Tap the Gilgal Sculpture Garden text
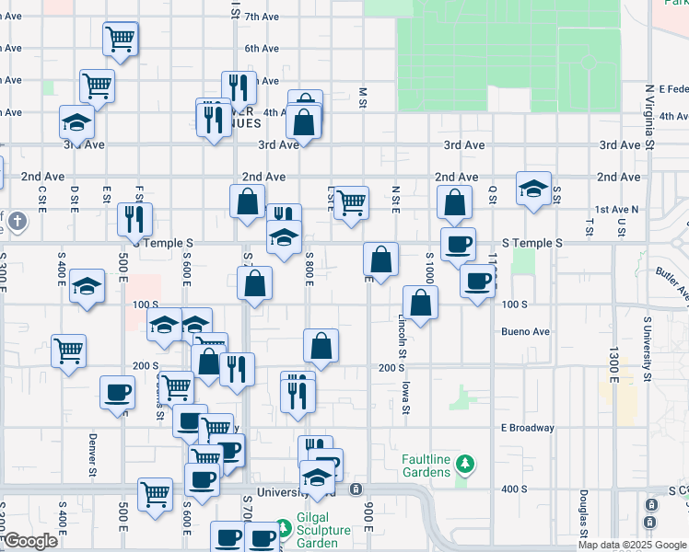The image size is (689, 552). pos(323,531)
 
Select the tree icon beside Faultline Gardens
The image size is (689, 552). pos(467,461)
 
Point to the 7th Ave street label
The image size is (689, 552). pos(262,17)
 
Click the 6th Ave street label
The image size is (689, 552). pos(262,48)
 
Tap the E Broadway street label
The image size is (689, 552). pos(528,428)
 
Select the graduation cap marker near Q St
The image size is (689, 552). pos(533,188)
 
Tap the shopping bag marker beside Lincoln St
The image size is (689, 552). pos(420,302)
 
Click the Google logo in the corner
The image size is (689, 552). pos(29,541)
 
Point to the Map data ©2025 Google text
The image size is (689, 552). pos(632,545)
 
